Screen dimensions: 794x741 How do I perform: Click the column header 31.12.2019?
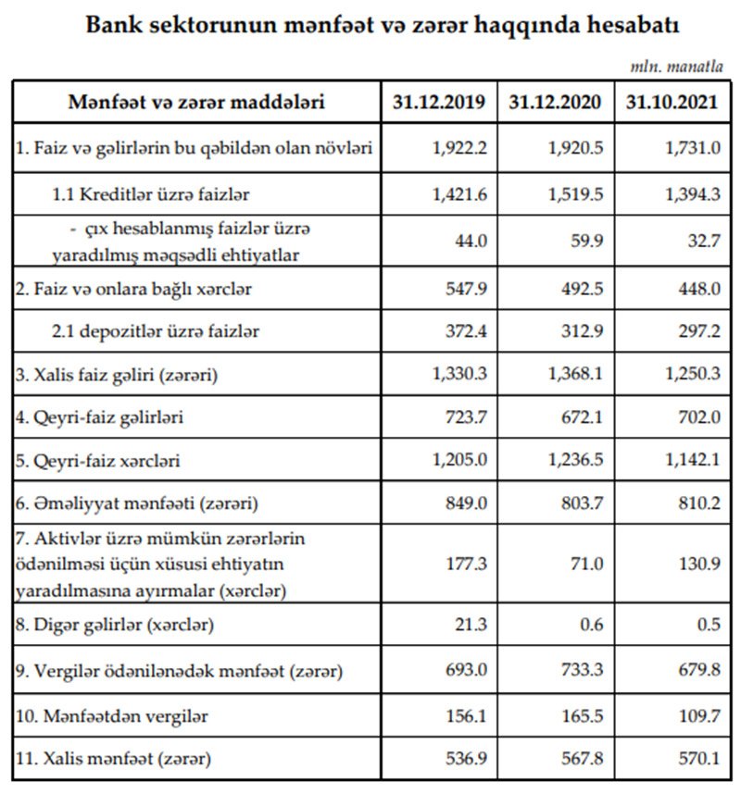[439, 102]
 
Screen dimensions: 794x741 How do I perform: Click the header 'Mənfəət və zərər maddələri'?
[196, 102]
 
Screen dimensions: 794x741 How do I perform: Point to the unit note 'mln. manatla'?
[684, 67]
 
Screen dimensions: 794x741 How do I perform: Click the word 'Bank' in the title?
[114, 25]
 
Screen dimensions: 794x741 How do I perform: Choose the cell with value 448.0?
[697, 290]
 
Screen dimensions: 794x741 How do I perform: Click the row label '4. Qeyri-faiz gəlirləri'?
[100, 417]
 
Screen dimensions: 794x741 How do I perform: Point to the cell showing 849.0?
[469, 504]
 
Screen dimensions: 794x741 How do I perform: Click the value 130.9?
[697, 564]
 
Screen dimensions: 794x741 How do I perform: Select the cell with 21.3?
[472, 625]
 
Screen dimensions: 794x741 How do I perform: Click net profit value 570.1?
[697, 760]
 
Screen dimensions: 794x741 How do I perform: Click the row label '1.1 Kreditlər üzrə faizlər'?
[151, 195]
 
